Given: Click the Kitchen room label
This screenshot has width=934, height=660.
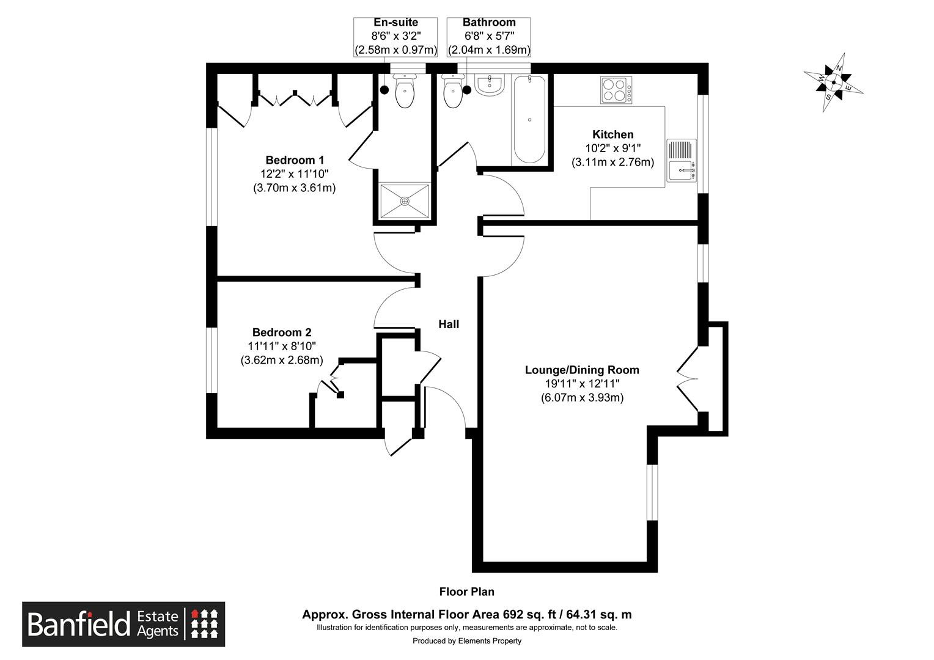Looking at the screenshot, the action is pyautogui.click(x=612, y=134).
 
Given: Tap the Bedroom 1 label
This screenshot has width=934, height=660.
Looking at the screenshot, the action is pyautogui.click(x=295, y=160).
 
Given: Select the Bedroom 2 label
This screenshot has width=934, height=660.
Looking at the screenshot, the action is pyautogui.click(x=281, y=332).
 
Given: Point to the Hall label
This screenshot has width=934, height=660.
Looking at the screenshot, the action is pyautogui.click(x=449, y=324).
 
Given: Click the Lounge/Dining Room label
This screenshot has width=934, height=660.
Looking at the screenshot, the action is pyautogui.click(x=582, y=370).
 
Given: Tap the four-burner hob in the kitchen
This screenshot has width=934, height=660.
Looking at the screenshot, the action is pyautogui.click(x=616, y=90).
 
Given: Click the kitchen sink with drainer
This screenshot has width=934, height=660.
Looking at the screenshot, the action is pyautogui.click(x=682, y=161).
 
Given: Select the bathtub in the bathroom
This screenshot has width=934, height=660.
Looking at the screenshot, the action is pyautogui.click(x=529, y=120).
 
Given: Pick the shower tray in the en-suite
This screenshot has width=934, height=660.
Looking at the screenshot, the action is pyautogui.click(x=405, y=201).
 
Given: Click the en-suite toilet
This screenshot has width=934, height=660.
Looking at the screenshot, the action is pyautogui.click(x=405, y=91).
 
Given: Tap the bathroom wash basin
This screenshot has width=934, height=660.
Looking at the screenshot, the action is pyautogui.click(x=491, y=85).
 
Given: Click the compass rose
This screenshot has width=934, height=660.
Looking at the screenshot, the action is pyautogui.click(x=833, y=82).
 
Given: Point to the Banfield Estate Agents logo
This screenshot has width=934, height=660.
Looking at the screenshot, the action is pyautogui.click(x=123, y=624).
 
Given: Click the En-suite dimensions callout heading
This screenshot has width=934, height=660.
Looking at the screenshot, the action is pyautogui.click(x=395, y=22).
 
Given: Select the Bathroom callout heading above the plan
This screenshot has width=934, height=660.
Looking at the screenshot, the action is pyautogui.click(x=488, y=22).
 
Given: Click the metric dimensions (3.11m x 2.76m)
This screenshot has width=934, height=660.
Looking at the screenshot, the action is pyautogui.click(x=612, y=162).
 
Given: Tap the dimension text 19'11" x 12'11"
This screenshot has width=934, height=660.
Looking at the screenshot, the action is pyautogui.click(x=582, y=384).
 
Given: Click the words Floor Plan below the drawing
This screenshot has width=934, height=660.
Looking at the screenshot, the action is pyautogui.click(x=466, y=592).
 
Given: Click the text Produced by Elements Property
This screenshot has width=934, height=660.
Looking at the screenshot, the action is pyautogui.click(x=467, y=641).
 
